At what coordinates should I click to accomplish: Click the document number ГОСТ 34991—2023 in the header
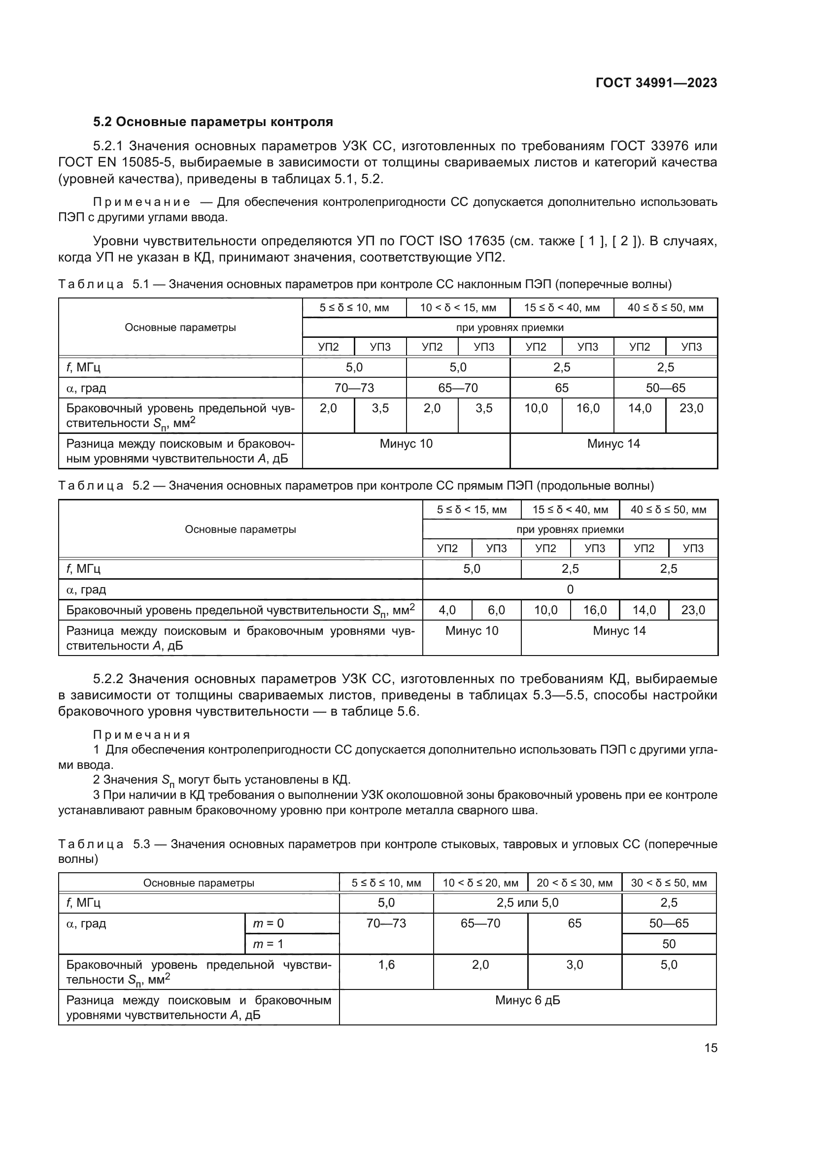pos(656,83)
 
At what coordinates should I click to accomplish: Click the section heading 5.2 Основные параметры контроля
pos(213,122)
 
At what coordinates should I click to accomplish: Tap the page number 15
pos(711,1048)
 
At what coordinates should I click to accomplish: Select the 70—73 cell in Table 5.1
pos(354,388)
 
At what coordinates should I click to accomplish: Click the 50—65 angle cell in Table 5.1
pos(665,388)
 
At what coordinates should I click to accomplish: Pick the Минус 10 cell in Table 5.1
pos(406,444)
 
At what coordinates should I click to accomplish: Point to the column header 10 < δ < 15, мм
pos(458,307)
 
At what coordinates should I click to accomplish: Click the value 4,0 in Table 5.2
pos(446,610)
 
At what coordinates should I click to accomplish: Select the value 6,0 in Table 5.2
pos(496,610)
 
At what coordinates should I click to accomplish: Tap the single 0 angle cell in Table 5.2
pos(570,589)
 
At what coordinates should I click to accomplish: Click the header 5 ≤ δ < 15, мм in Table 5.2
pos(471,510)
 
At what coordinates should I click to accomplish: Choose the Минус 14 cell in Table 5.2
pos(619,631)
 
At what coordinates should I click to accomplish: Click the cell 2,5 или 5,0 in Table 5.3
pos(527,903)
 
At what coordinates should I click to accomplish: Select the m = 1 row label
pos(268,944)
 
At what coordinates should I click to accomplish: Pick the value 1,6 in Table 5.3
pos(386,964)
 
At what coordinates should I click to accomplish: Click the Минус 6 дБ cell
pos(527,1000)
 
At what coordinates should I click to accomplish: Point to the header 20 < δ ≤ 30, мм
pos(574,883)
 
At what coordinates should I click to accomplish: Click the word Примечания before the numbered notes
pos(141,735)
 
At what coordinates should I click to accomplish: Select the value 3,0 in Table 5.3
pos(574,964)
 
